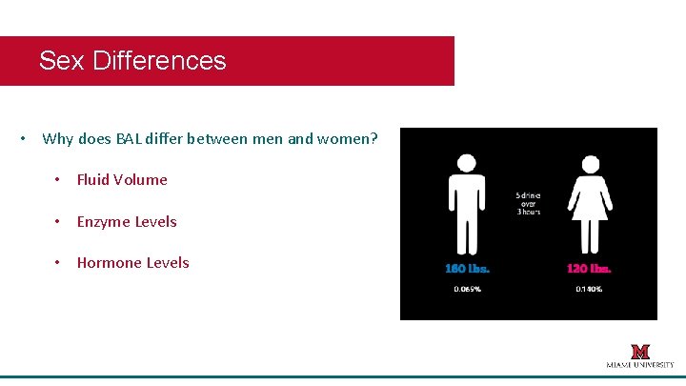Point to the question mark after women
click(373, 139)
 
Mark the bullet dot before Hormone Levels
click(58, 263)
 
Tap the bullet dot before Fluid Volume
click(58, 180)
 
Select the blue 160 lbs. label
click(467, 268)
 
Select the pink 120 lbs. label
click(589, 268)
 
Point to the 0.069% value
click(467, 289)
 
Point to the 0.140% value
click(589, 289)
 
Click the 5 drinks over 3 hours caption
click(528, 203)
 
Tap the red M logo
click(640, 351)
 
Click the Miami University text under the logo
click(640, 365)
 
